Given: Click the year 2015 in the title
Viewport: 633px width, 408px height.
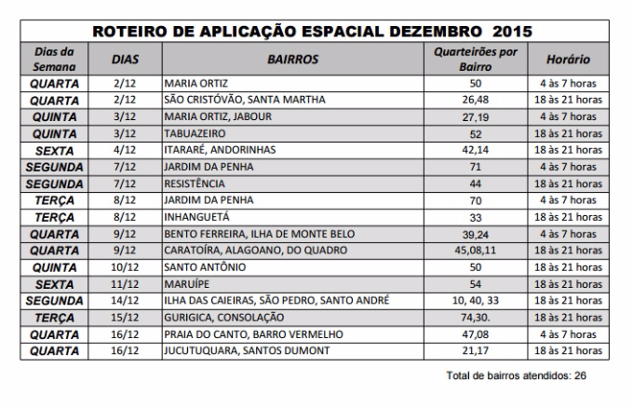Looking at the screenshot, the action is pyautogui.click(x=512, y=32).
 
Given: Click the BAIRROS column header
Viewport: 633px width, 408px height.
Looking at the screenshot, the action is pyautogui.click(x=292, y=60).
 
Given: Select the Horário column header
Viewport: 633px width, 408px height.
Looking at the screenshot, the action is pyautogui.click(x=568, y=60).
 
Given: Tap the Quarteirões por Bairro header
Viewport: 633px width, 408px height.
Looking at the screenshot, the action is pyautogui.click(x=475, y=59).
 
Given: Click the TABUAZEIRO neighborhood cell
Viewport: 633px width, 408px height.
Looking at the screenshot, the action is pyautogui.click(x=195, y=134).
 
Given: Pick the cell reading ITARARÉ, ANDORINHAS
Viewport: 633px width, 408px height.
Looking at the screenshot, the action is pyautogui.click(x=220, y=150).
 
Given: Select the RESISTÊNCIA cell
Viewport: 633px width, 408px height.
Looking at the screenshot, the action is pyautogui.click(x=195, y=184).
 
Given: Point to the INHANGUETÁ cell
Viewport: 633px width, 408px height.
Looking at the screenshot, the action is pyautogui.click(x=196, y=217).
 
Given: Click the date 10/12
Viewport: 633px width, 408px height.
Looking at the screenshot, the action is pyautogui.click(x=125, y=267).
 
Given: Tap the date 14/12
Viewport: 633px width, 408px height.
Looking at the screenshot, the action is pyautogui.click(x=125, y=301).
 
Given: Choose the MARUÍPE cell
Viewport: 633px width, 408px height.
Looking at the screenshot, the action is pyautogui.click(x=186, y=284).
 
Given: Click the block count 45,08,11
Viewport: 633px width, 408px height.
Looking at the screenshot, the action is pyautogui.click(x=475, y=251).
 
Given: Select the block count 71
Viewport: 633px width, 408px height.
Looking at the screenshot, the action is pyautogui.click(x=475, y=167).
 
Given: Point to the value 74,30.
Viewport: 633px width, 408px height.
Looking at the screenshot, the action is pyautogui.click(x=475, y=318).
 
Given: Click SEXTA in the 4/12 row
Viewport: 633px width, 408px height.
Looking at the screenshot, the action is pyautogui.click(x=54, y=151).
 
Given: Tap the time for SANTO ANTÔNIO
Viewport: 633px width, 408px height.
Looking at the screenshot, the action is pyautogui.click(x=568, y=267).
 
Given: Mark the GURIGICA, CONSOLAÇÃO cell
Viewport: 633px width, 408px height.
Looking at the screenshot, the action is pyautogui.click(x=224, y=318).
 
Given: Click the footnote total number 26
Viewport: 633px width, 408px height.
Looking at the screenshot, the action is pyautogui.click(x=580, y=375).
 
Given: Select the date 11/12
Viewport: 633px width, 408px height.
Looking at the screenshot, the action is pyautogui.click(x=125, y=284).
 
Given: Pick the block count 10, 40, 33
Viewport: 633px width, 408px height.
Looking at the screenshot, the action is pyautogui.click(x=475, y=301).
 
